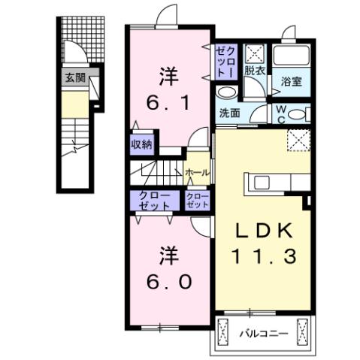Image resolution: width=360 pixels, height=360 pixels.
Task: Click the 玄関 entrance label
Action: [74, 77]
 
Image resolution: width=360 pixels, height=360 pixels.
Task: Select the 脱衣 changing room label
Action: [253, 71]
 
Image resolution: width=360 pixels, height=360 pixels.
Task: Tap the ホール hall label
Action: [197, 172]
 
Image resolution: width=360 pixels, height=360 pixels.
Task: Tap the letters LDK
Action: [262, 228]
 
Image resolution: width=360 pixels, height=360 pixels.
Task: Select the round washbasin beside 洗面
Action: [225, 92]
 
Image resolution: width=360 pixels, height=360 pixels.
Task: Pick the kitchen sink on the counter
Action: [262, 183]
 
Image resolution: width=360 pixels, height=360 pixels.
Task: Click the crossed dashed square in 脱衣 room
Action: [256, 53]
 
